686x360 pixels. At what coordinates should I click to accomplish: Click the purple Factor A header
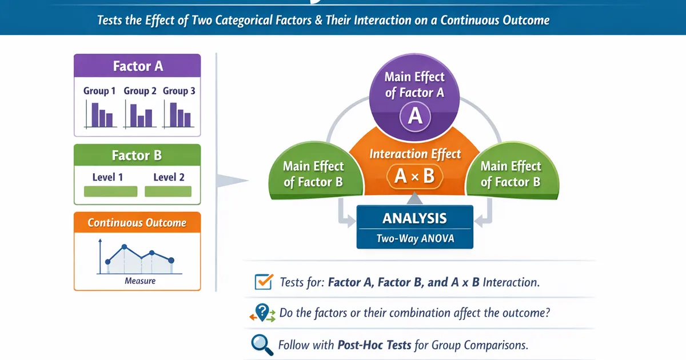(137, 66)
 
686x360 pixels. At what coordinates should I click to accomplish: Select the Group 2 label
(140, 91)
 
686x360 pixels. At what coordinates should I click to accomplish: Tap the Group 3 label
(179, 91)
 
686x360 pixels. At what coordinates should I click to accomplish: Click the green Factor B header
(137, 155)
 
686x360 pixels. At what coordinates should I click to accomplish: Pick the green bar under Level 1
(111, 191)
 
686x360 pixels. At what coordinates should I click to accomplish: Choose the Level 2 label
(169, 177)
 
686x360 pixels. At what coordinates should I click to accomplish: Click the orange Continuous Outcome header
(137, 222)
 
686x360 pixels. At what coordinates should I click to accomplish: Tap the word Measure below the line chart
(140, 281)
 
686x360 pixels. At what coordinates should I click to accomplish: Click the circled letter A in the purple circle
(415, 117)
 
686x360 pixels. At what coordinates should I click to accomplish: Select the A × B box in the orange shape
(414, 176)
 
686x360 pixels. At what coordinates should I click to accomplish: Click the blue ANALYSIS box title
(415, 218)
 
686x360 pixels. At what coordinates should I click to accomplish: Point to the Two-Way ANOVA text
(415, 239)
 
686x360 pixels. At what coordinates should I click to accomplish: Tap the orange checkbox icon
(262, 281)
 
